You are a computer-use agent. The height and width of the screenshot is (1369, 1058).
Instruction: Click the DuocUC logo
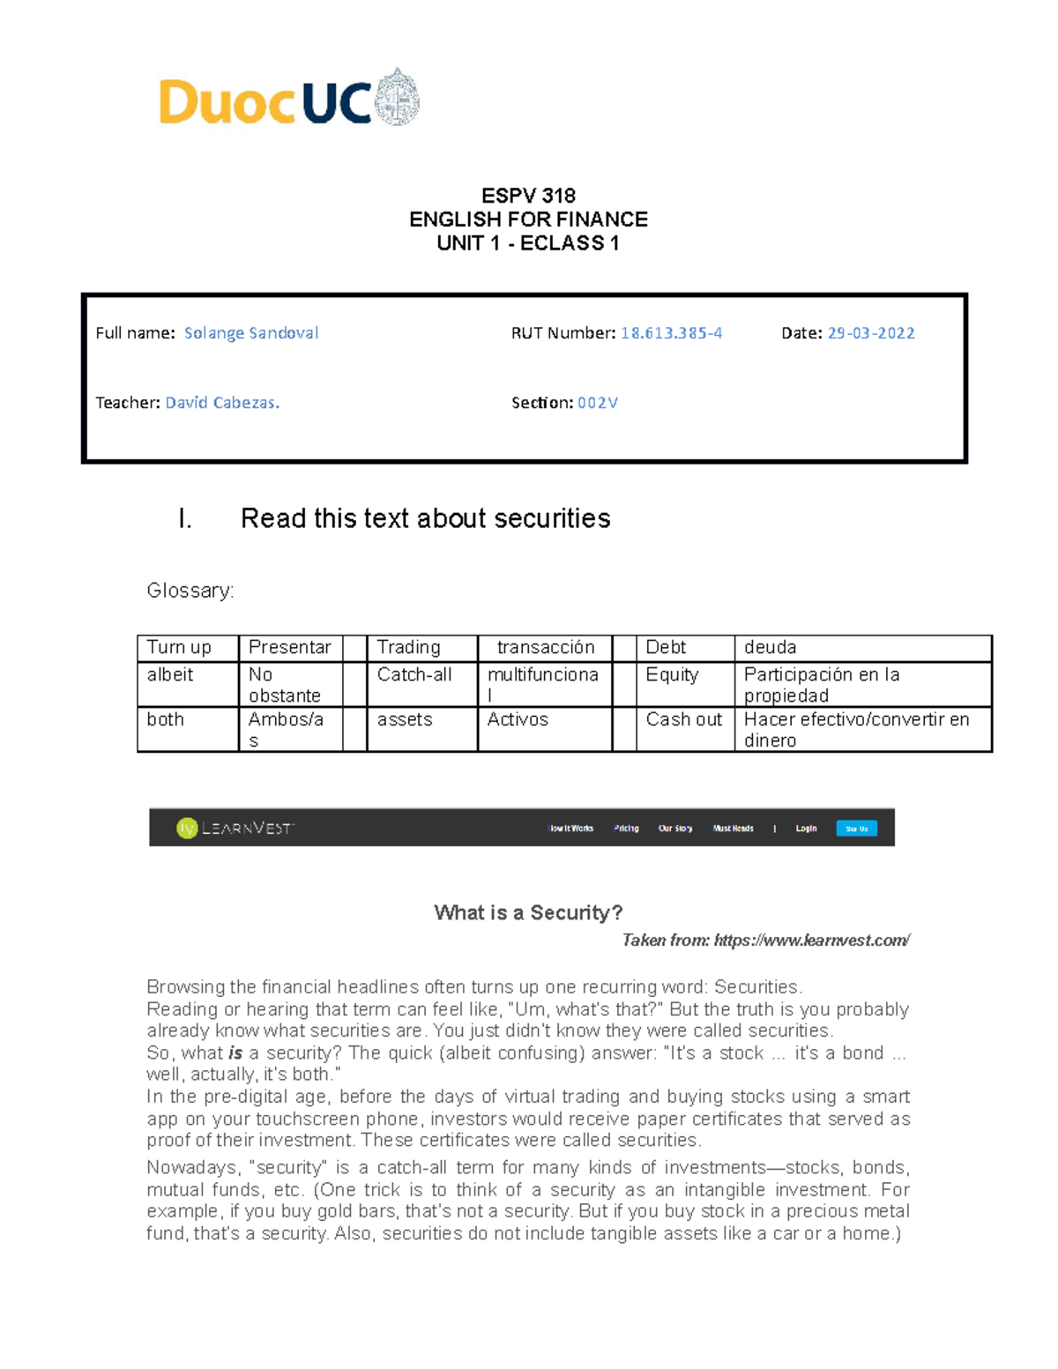[x=289, y=100]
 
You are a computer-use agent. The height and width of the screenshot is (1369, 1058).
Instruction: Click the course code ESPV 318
[x=528, y=196]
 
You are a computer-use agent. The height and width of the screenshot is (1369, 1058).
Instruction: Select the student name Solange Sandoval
[x=251, y=333]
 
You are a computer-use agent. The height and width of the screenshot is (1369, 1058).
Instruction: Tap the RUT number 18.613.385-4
[x=671, y=333]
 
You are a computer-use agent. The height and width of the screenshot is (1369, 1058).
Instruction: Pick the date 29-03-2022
[x=870, y=333]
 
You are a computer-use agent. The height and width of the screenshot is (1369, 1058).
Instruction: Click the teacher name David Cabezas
[x=222, y=403]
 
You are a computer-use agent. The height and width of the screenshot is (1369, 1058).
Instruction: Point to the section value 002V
[x=597, y=403]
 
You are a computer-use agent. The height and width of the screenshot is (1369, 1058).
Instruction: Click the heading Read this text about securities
[x=425, y=518]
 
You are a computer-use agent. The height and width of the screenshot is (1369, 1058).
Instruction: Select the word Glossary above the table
[x=190, y=591]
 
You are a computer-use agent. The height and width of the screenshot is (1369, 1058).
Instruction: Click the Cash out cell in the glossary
[x=683, y=720]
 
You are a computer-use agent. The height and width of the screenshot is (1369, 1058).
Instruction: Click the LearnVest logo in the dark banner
[x=235, y=828]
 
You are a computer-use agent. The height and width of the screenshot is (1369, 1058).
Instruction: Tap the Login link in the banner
[x=806, y=829]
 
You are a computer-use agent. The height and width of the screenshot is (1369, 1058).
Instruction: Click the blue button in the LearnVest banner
[x=856, y=829]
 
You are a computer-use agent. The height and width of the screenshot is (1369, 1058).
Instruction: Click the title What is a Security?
[x=528, y=913]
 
